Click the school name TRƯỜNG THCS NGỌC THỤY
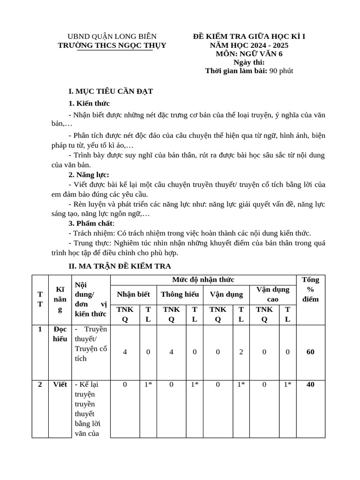112,45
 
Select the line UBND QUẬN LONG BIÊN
112,37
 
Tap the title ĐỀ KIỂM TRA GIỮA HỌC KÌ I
249,37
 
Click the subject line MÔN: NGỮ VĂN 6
249,54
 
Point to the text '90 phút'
281,71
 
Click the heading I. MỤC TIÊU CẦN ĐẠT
111,91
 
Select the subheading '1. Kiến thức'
89,103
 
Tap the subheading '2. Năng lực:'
89,175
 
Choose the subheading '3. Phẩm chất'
91,223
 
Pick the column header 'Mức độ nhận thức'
203,280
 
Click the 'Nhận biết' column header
134,294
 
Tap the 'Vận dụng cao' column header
272,294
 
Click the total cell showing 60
310,352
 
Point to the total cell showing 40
310,385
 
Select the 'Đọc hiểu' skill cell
60,334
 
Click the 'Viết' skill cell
60,385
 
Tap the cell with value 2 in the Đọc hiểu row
241,352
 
